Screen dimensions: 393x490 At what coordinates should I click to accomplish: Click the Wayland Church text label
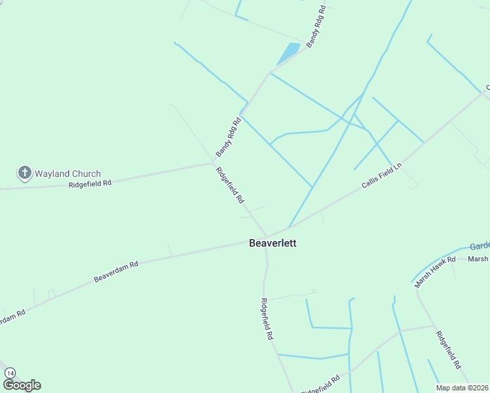click(x=68, y=174)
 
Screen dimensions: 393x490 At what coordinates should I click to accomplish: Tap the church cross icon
click(x=24, y=173)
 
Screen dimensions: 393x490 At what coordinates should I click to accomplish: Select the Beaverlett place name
click(x=273, y=243)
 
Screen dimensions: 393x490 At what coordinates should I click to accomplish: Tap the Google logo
click(x=22, y=385)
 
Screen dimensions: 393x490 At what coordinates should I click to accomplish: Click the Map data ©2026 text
click(x=462, y=388)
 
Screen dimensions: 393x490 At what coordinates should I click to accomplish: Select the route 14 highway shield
click(x=10, y=373)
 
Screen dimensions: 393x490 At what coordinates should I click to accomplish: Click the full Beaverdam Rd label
click(x=116, y=272)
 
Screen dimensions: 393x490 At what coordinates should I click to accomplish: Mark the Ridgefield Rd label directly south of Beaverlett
click(x=266, y=318)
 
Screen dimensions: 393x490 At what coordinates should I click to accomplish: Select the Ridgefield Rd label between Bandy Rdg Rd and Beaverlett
click(x=230, y=185)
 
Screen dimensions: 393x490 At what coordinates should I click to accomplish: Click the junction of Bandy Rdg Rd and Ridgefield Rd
click(x=213, y=162)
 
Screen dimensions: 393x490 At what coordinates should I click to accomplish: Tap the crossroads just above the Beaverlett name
click(x=267, y=236)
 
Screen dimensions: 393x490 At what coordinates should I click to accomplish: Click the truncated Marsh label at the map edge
click(x=478, y=259)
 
